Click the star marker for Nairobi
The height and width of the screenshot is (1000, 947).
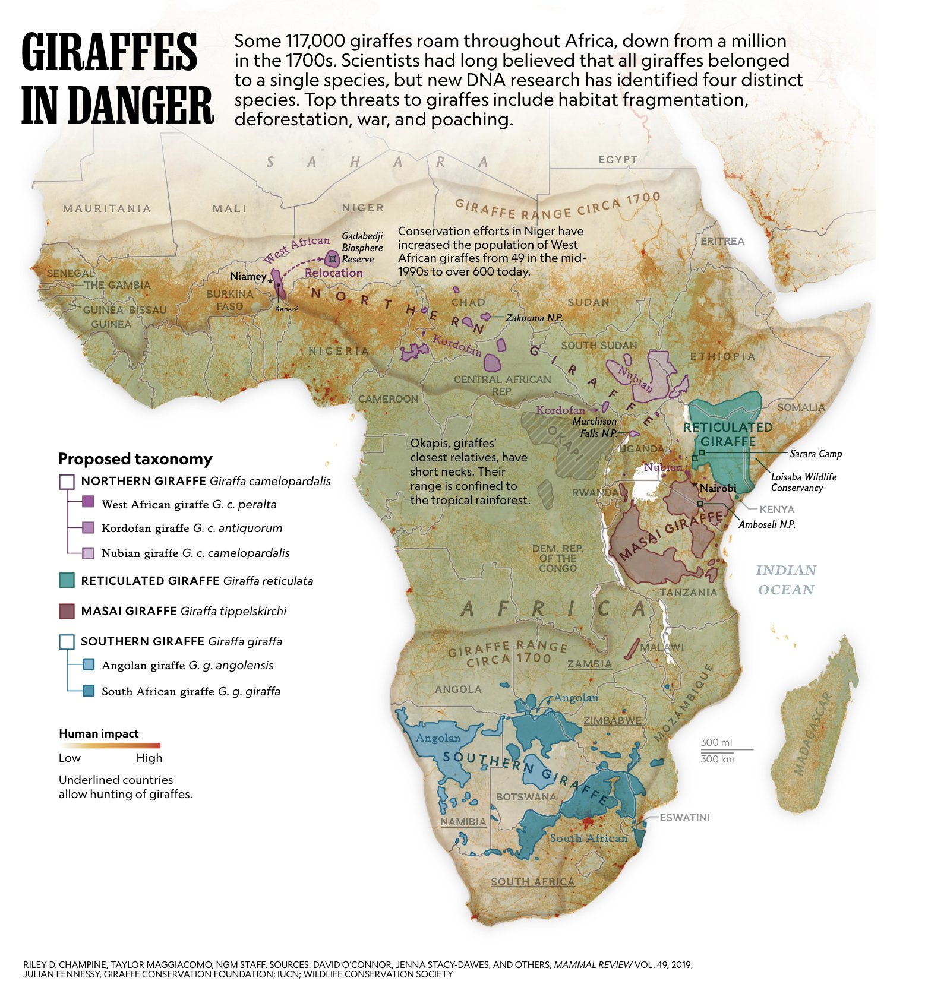point(695,486)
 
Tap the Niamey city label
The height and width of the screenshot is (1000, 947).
point(248,276)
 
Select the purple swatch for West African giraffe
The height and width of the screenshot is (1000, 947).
point(88,502)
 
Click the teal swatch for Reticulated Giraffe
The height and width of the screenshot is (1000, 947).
point(67,580)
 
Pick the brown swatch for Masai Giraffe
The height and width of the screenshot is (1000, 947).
point(67,610)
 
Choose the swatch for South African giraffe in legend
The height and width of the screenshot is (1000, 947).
point(88,691)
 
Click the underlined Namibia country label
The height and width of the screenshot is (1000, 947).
point(463,822)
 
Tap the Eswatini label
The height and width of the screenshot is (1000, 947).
point(684,818)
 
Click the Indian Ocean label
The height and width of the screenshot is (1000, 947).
point(785,580)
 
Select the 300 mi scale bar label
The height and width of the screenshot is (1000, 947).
point(716,742)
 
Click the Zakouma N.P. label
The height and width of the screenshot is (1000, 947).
point(534,318)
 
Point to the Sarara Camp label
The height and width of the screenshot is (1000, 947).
point(816,454)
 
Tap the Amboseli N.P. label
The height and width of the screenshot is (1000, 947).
point(767,524)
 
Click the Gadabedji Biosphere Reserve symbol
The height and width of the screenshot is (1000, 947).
point(332,258)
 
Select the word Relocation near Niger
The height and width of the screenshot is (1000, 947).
point(333,273)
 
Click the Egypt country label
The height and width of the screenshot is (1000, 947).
point(618,160)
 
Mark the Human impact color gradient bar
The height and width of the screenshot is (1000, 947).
point(109,745)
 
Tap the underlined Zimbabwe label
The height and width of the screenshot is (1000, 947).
point(613,720)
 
